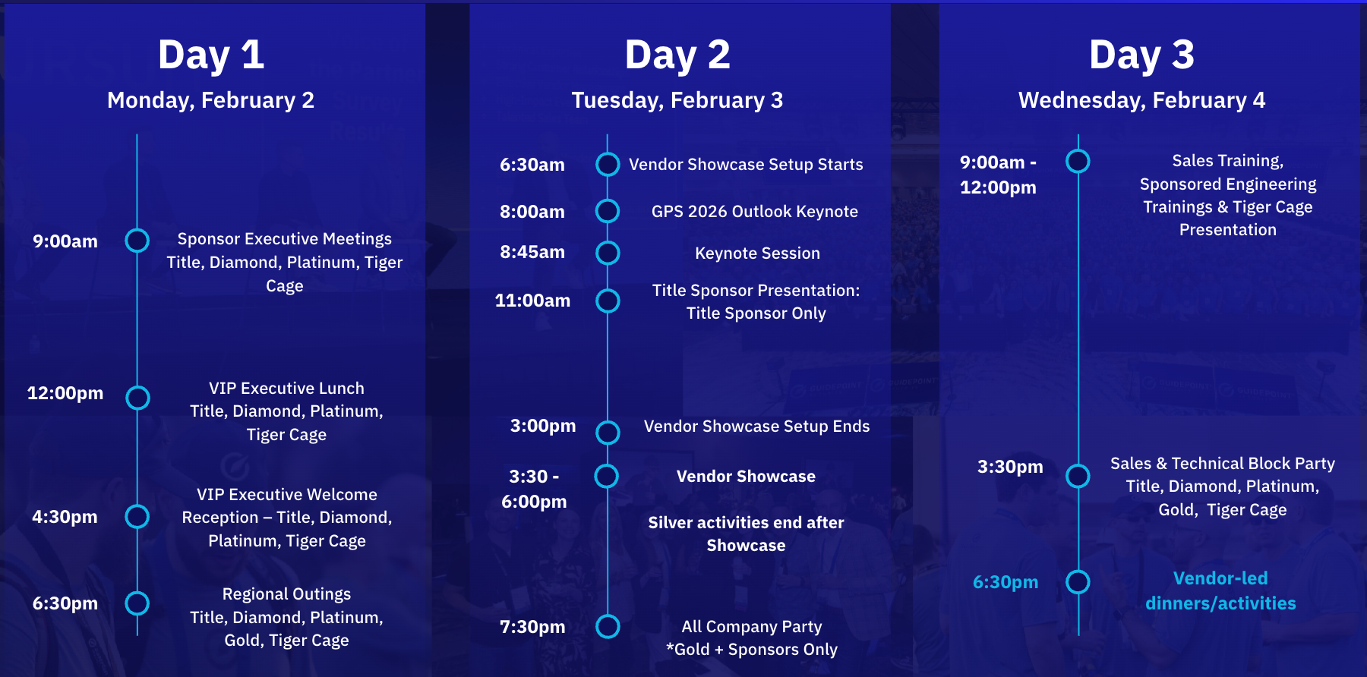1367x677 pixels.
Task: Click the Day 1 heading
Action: click(x=211, y=55)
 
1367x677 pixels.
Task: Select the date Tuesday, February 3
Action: click(x=677, y=100)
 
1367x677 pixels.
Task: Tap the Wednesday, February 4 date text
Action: click(x=1141, y=100)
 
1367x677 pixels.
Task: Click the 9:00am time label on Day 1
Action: click(x=65, y=241)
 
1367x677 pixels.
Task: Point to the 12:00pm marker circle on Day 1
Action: click(x=137, y=398)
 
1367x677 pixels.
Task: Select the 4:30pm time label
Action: click(x=65, y=517)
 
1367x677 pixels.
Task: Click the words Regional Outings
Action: click(x=286, y=594)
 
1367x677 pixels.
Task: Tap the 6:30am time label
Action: click(x=532, y=165)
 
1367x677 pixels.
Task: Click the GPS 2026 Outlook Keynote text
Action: click(x=754, y=212)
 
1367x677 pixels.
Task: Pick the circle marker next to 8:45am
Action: click(x=608, y=253)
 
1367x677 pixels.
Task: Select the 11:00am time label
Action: click(x=532, y=301)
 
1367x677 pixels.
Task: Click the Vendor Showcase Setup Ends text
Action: click(x=756, y=427)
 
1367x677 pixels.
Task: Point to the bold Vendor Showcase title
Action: click(x=746, y=477)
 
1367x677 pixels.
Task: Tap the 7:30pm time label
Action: click(x=532, y=627)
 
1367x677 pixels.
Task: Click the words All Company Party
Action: click(x=751, y=627)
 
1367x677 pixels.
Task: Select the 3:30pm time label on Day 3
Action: click(x=1009, y=467)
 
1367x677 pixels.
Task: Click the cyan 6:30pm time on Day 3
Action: click(x=1005, y=582)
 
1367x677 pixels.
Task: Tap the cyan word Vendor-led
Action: click(x=1220, y=578)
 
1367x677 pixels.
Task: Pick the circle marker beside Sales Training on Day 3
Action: click(x=1078, y=161)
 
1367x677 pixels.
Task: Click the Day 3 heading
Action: click(x=1141, y=55)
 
